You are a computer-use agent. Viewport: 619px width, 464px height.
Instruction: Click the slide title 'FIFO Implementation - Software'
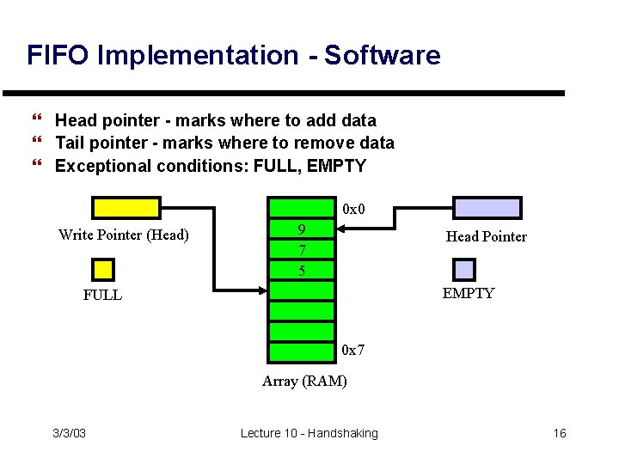(233, 56)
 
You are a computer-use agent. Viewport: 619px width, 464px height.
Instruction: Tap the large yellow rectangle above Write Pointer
(126, 208)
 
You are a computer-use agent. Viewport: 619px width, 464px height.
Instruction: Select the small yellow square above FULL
(103, 270)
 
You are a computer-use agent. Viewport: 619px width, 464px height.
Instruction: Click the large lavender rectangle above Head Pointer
(487, 208)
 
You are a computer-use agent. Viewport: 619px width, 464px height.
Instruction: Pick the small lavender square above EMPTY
(464, 269)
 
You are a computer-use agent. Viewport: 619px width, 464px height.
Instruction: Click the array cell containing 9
(301, 229)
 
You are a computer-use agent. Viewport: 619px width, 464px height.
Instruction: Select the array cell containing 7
(301, 250)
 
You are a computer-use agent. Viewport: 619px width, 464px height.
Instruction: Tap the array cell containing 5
(301, 271)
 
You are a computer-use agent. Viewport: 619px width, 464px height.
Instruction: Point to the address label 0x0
(353, 209)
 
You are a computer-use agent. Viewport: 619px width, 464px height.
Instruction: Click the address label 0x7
(353, 351)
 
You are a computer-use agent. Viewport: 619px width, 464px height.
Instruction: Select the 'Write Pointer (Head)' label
(124, 235)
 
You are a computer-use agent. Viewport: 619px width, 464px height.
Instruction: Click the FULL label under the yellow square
(102, 295)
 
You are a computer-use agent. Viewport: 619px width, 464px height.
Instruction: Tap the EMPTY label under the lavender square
(469, 293)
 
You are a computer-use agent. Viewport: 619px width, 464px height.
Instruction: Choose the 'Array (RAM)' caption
(304, 381)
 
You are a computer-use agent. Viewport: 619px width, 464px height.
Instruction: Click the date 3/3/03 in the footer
(68, 433)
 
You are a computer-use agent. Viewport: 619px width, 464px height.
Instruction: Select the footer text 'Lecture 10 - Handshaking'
(309, 433)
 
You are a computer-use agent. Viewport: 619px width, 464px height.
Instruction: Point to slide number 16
(559, 433)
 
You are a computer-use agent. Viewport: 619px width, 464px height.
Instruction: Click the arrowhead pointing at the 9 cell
(340, 229)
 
